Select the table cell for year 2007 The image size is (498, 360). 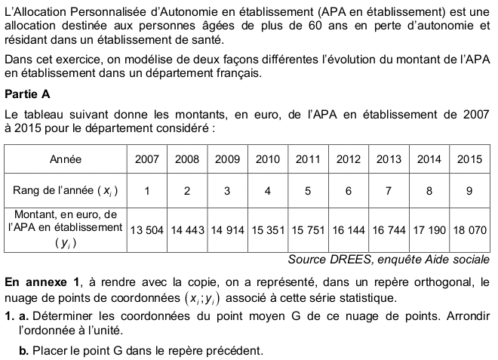146,159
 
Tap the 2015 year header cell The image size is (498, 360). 469,159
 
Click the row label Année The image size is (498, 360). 65,159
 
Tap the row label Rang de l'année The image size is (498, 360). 65,191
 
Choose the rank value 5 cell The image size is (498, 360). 308,191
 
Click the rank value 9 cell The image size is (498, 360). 469,191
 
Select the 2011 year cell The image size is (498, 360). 308,159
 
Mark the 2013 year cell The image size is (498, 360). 389,159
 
